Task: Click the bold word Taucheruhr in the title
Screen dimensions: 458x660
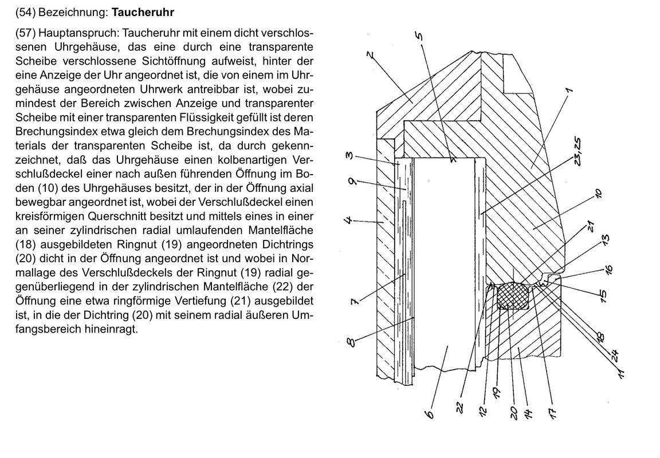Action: (x=143, y=11)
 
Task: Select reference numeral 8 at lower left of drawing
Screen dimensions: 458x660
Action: (x=351, y=342)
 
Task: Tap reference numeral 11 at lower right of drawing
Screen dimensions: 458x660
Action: (x=620, y=374)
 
